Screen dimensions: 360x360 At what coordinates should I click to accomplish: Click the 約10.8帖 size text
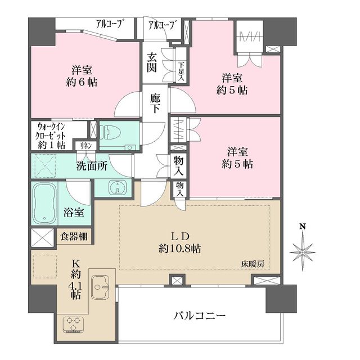(x=179, y=248)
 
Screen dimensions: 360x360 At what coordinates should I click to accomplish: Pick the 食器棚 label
(x=74, y=236)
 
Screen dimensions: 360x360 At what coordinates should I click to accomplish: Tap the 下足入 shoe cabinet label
(x=181, y=71)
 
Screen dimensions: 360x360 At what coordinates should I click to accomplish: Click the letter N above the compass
(x=303, y=227)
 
